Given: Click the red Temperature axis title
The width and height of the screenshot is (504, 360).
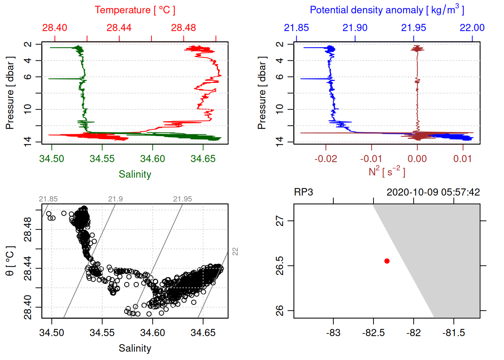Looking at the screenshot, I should click(x=135, y=10).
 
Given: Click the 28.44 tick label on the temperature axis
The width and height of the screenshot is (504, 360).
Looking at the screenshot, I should click(x=119, y=28).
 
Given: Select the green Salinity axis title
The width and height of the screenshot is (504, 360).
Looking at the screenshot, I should click(x=135, y=174).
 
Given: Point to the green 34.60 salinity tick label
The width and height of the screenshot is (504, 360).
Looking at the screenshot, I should click(x=152, y=159).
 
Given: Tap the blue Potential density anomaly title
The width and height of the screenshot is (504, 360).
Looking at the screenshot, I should click(x=387, y=10).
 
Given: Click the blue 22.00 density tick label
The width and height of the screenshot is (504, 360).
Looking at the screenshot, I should click(x=472, y=28).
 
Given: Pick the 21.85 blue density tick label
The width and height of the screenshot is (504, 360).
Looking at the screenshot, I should click(x=296, y=28).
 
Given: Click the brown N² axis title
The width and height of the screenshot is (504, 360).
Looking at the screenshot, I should click(x=387, y=171).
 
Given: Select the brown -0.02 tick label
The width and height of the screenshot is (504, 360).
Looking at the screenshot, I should click(x=325, y=159).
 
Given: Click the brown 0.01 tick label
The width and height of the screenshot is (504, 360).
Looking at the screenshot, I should click(x=462, y=159).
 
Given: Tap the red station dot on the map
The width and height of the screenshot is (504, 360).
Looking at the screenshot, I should click(x=387, y=261).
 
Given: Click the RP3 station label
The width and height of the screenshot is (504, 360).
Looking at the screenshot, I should click(x=303, y=192).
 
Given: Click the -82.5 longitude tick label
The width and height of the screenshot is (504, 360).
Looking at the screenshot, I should click(x=373, y=333).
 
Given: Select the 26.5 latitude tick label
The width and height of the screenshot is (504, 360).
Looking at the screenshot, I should click(x=280, y=265).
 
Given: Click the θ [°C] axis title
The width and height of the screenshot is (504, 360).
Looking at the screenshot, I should click(x=10, y=261).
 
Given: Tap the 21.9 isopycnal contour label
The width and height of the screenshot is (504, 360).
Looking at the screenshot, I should click(x=115, y=199).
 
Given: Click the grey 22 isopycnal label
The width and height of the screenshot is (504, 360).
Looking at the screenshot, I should click(x=235, y=252).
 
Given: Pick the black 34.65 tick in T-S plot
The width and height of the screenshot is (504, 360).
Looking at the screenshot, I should click(x=203, y=333).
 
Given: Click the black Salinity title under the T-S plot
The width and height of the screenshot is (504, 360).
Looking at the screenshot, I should click(x=135, y=348).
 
